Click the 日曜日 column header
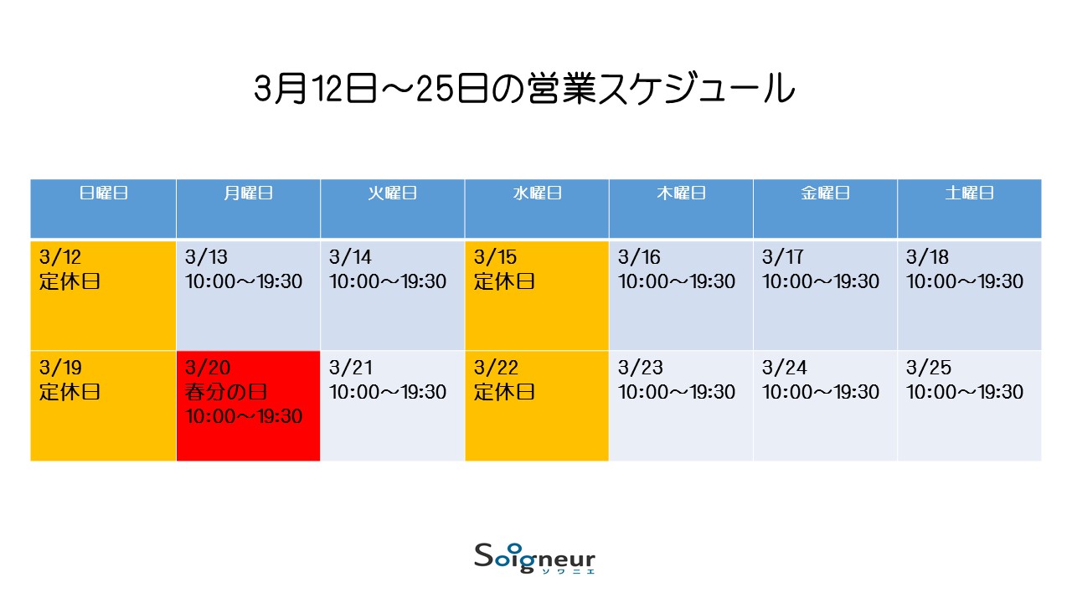(103, 193)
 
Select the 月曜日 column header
(248, 193)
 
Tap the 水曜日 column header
(537, 193)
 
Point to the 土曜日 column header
(969, 193)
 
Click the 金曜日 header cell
(825, 209)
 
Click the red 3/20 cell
(248, 406)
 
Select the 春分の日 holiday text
(226, 392)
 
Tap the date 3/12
(59, 257)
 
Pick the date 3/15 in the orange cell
(495, 257)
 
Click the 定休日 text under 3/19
(70, 392)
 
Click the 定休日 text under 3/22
(504, 392)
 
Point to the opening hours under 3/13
(244, 281)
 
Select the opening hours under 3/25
(964, 392)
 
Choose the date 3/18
(927, 257)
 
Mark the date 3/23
(641, 368)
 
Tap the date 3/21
(350, 368)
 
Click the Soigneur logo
(534, 559)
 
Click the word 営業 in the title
(561, 88)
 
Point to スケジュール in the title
(696, 88)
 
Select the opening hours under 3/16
(676, 281)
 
